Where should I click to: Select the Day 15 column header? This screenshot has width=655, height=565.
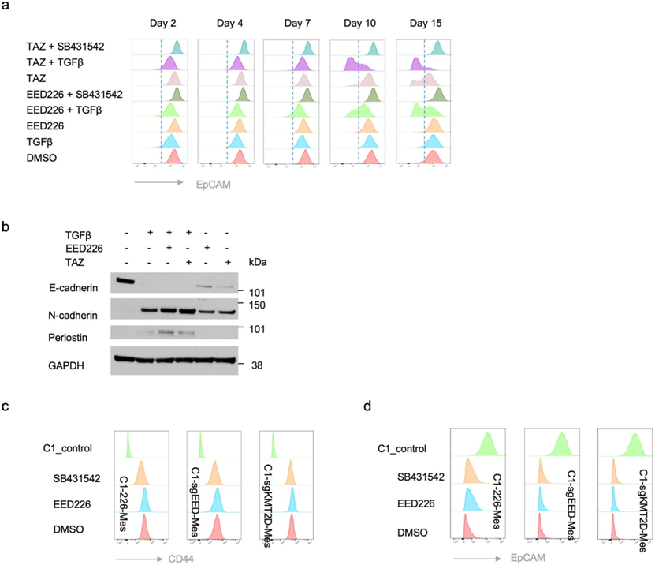(x=426, y=24)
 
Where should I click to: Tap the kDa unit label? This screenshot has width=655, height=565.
(x=257, y=262)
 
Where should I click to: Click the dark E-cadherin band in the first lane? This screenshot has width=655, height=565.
(x=126, y=281)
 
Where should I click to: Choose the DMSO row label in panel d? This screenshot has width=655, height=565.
(x=408, y=533)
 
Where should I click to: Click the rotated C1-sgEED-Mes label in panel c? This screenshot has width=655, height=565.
(x=195, y=492)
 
